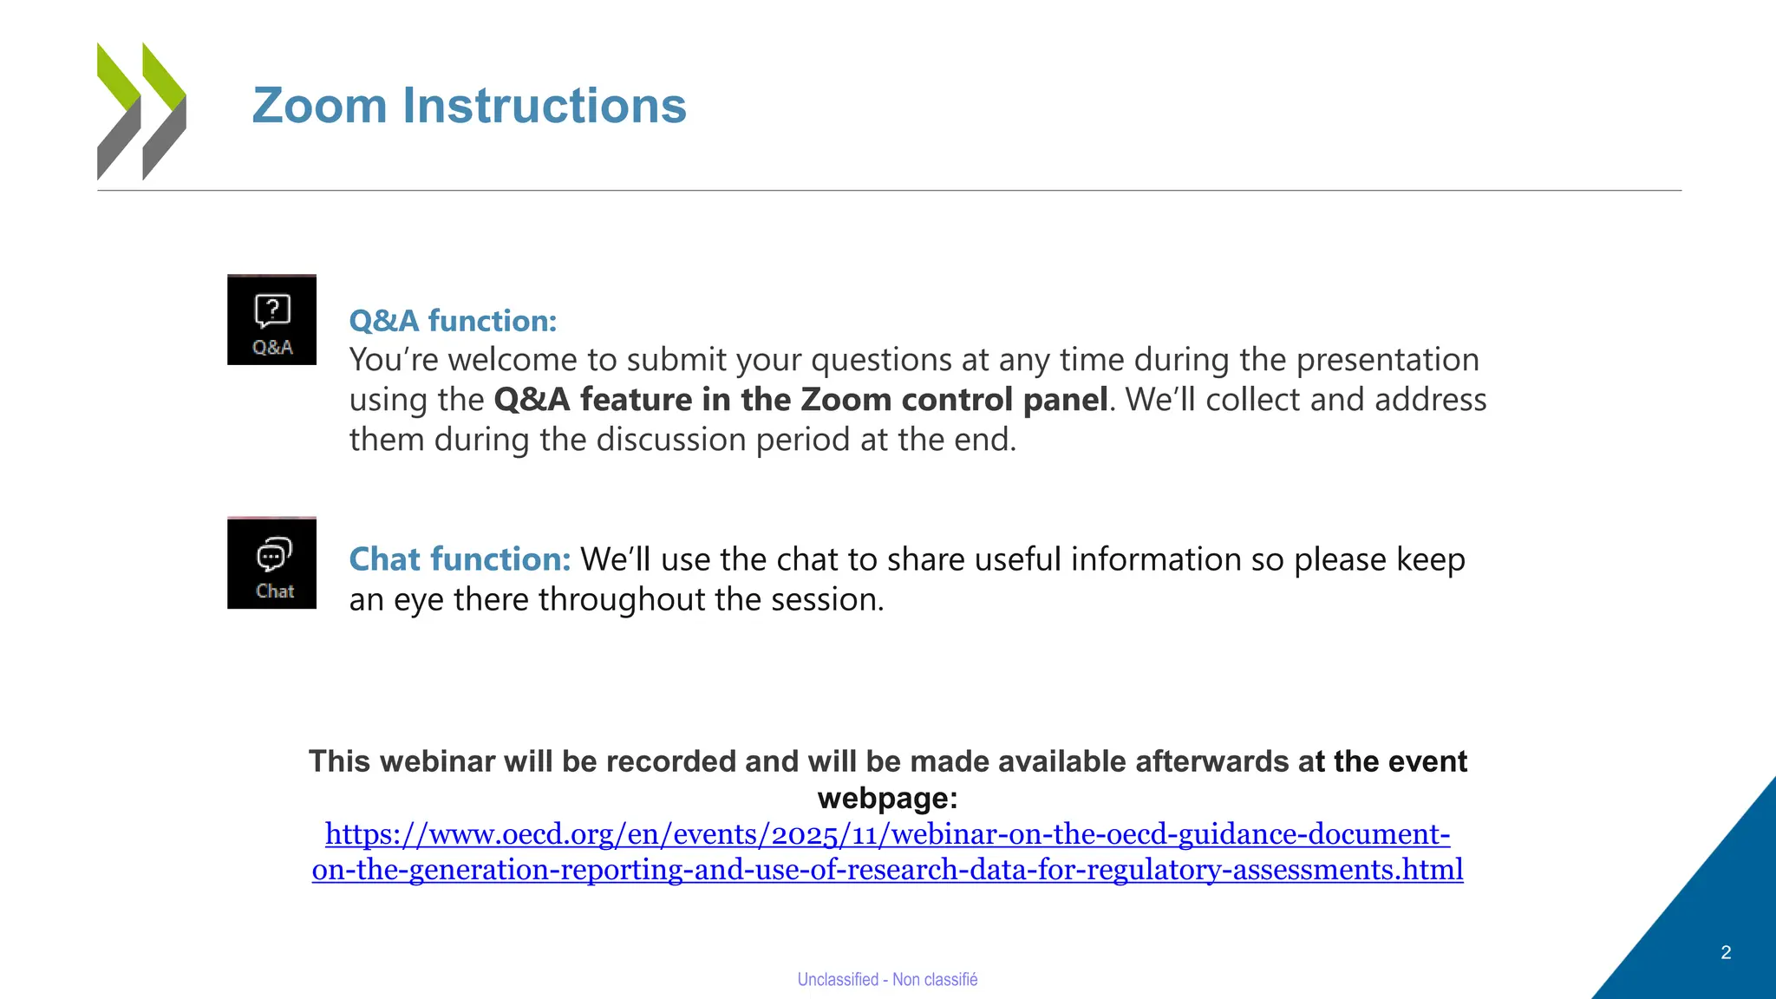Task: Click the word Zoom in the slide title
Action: [319, 106]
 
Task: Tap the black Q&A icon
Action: [271, 320]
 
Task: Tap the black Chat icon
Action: [271, 564]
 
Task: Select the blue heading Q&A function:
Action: [453, 321]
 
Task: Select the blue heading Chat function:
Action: [460, 559]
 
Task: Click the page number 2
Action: [1726, 952]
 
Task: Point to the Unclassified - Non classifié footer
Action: [887, 979]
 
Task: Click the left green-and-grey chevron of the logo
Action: [119, 111]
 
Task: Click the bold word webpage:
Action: [887, 798]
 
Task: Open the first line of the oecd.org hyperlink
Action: [887, 834]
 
